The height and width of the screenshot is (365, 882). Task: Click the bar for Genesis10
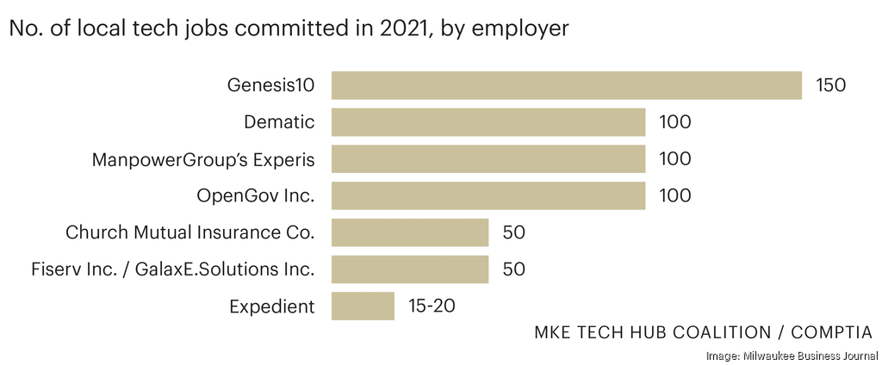pos(566,85)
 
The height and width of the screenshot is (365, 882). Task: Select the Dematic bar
pos(488,122)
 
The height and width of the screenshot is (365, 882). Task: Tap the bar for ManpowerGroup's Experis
pos(488,159)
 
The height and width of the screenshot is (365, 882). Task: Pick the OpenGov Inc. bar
pos(488,195)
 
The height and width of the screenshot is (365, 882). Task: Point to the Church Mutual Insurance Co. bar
pos(409,232)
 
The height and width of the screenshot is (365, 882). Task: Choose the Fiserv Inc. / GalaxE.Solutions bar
pos(409,269)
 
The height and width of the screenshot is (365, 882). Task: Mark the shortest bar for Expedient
pos(363,306)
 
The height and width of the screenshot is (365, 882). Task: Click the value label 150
pos(831,85)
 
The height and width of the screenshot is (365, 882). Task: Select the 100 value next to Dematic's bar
pos(674,122)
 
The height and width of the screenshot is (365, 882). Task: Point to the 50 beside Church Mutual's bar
pos(513,232)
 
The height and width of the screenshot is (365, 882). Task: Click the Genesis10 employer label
pos(270,85)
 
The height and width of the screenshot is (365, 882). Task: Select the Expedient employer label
pos(271,306)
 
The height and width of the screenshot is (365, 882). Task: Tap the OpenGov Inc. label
pos(256,196)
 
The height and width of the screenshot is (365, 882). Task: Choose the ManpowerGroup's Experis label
pos(203,159)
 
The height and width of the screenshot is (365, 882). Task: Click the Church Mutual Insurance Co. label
pos(190,232)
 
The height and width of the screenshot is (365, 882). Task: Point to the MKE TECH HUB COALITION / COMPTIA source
pos(703,332)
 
